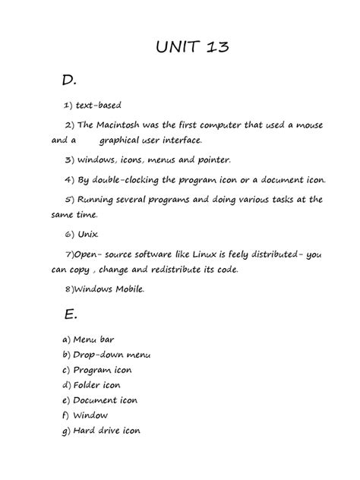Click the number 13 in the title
pos(213,49)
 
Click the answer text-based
pos(99,105)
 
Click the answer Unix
pos(90,234)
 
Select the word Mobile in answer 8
pos(122,289)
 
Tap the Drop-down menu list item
pos(112,355)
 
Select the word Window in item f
pos(90,415)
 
